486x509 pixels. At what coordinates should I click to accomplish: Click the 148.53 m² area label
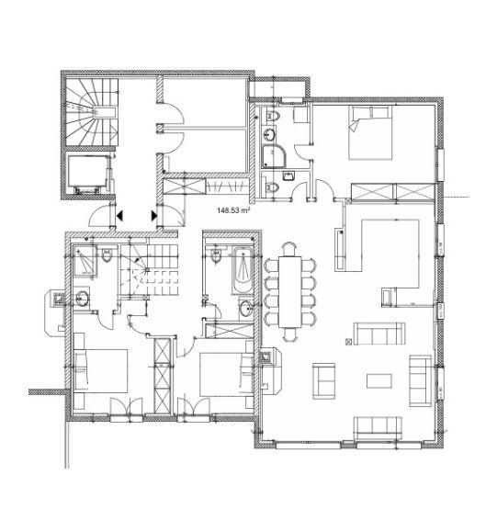point(233,210)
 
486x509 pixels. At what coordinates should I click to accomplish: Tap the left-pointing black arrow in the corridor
point(119,216)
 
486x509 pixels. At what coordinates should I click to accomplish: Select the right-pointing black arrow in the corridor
point(154,216)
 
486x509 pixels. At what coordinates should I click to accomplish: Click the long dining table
point(290,291)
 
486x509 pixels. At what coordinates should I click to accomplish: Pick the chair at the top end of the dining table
point(289,249)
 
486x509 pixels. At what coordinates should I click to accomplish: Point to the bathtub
point(243,271)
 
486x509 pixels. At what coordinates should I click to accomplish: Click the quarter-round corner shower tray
point(274,156)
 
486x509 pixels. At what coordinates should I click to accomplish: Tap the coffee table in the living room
point(379,381)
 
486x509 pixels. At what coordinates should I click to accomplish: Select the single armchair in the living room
point(323,381)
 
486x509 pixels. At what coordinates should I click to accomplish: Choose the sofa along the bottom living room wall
point(378,428)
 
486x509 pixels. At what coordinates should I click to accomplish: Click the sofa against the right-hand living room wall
point(420,380)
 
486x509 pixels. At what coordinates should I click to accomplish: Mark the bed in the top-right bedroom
point(370,132)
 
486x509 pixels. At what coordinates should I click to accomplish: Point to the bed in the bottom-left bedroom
point(101,371)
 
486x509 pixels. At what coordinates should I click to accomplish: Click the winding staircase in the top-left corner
point(92,112)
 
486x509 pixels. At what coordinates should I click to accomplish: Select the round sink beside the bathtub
point(246,307)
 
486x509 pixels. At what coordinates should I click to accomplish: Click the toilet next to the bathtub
point(216,255)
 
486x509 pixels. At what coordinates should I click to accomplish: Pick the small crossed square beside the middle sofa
point(349,341)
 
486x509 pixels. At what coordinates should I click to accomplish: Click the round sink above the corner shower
point(269,134)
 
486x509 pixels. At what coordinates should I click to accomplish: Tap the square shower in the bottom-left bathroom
point(85,262)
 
